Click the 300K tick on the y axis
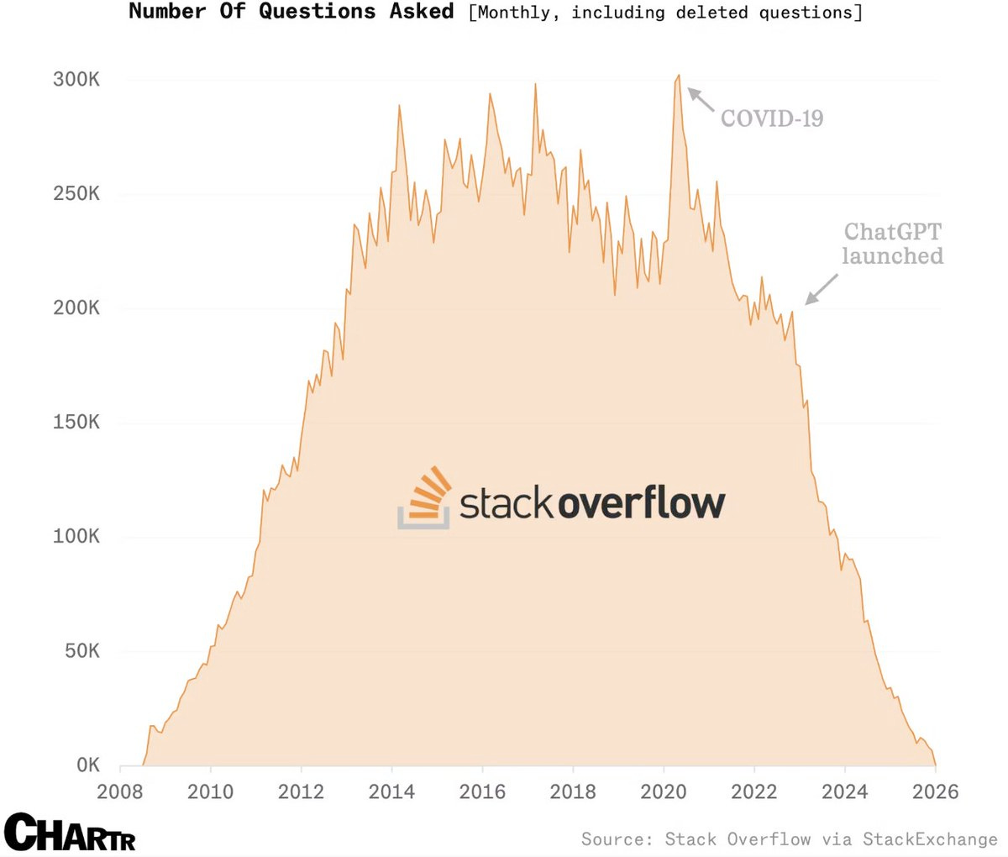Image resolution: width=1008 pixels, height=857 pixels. [76, 80]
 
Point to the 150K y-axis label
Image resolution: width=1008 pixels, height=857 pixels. [76, 423]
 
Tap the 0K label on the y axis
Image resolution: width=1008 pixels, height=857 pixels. [88, 765]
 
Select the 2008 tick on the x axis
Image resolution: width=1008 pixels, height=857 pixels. [120, 791]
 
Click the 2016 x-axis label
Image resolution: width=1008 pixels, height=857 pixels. [482, 791]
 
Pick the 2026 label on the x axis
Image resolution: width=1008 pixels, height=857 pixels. [935, 791]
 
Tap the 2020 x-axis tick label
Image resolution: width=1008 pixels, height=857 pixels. [664, 791]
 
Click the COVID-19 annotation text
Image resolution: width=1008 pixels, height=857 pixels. [772, 118]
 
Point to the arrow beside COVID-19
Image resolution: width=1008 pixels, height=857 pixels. [701, 99]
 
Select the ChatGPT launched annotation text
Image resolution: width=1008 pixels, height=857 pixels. [892, 244]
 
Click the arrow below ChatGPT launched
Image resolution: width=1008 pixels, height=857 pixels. [822, 289]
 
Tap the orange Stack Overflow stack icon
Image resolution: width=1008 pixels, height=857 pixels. [425, 497]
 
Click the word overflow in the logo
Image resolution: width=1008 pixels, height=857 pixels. [641, 503]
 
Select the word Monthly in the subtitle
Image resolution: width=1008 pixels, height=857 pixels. [512, 13]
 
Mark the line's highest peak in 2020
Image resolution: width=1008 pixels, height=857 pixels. [679, 76]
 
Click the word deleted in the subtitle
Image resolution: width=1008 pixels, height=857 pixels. [711, 13]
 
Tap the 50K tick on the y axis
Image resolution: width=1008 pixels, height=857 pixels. [81, 651]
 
